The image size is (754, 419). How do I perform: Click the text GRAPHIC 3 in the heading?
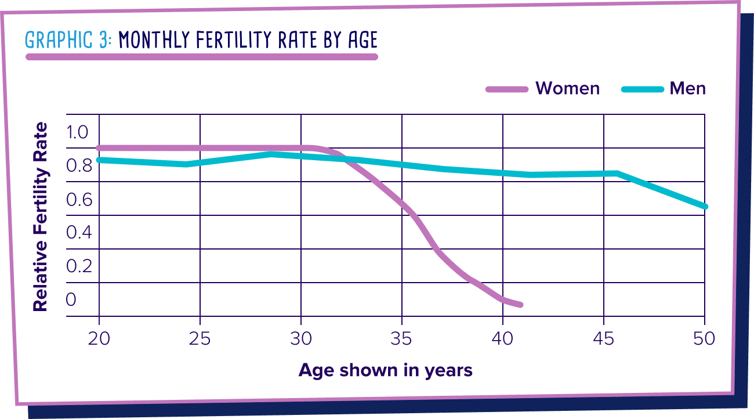click(68, 40)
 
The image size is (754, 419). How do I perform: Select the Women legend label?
click(567, 88)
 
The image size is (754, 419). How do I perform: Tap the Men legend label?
click(688, 88)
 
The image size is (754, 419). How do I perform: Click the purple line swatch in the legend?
click(507, 89)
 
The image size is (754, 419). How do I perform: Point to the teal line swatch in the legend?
click(641, 89)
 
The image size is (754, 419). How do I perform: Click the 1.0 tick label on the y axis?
click(77, 132)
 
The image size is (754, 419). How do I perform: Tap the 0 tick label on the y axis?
click(71, 299)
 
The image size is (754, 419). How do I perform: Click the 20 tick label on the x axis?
click(99, 338)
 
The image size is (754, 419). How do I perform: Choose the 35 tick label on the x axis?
click(402, 338)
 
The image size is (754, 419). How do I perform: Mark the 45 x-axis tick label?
click(604, 338)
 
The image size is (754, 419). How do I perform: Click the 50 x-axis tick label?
click(704, 338)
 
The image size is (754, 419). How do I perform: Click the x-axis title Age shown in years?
click(385, 370)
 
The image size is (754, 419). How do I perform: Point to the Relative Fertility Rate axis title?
click(40, 216)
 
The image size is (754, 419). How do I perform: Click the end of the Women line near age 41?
click(520, 305)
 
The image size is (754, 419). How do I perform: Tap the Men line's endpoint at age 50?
click(704, 207)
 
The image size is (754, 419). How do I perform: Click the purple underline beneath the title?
click(201, 57)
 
